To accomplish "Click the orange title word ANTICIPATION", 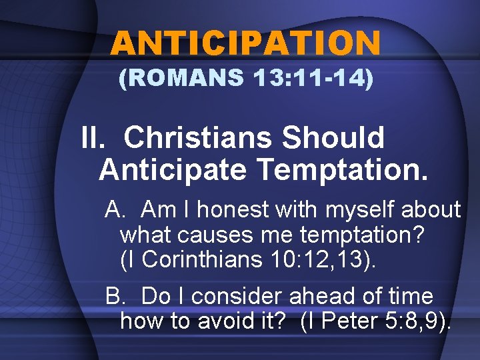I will pyautogui.click(x=245, y=44).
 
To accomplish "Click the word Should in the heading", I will pyautogui.click(x=333, y=138).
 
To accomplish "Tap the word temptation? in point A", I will pyautogui.click(x=363, y=235).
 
